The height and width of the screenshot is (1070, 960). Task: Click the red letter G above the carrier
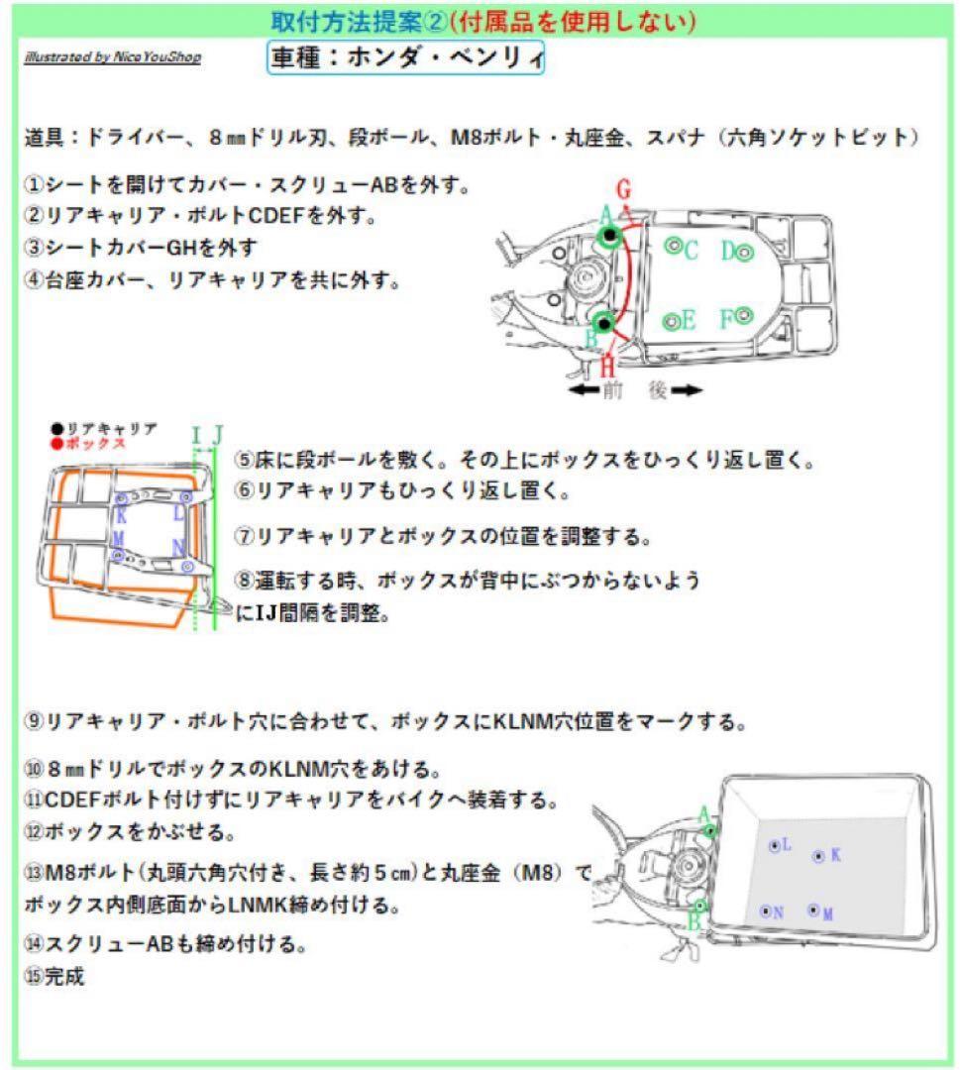[623, 187]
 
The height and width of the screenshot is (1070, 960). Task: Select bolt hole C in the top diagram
[673, 246]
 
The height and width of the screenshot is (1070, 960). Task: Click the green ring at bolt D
[745, 252]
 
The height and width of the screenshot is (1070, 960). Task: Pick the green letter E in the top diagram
[688, 321]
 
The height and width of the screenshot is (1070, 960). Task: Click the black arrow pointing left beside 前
[586, 390]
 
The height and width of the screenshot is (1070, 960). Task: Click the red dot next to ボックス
[57, 443]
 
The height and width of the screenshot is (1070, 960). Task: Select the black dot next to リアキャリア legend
[57, 429]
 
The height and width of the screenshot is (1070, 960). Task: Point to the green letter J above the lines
[218, 433]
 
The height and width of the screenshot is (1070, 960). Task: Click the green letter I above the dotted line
[196, 433]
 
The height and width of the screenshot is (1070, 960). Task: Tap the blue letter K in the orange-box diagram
[121, 514]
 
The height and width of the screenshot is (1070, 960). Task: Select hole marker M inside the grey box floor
[813, 909]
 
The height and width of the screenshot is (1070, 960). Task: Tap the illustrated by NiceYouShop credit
[112, 56]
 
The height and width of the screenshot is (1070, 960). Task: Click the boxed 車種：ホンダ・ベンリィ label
[406, 57]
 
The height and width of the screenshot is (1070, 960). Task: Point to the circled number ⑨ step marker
[34, 721]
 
